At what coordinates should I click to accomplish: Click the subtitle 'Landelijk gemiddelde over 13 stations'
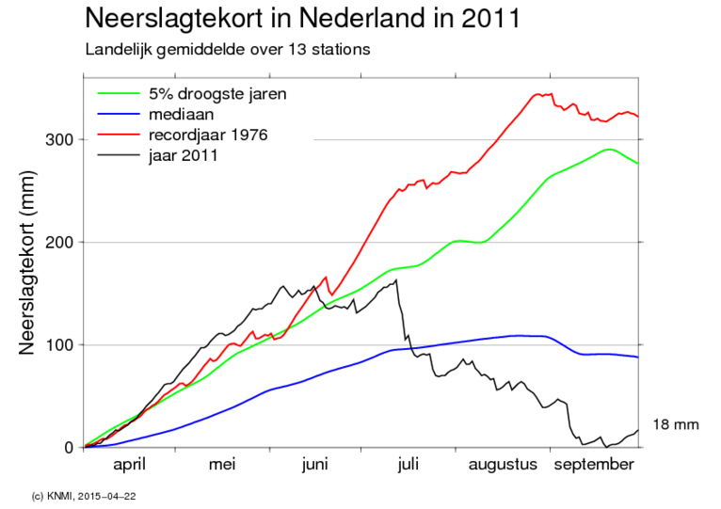(227, 48)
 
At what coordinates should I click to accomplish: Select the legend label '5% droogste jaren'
(217, 94)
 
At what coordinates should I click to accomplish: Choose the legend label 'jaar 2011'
(184, 155)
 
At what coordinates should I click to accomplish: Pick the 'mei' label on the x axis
(222, 465)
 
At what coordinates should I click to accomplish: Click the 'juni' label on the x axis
(314, 465)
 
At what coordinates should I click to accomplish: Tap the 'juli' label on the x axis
(408, 465)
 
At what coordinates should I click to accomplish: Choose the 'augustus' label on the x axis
(504, 465)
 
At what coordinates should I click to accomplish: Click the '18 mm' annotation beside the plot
(676, 425)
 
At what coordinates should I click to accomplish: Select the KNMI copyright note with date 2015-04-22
(90, 494)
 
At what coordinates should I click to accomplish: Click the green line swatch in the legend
(119, 94)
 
